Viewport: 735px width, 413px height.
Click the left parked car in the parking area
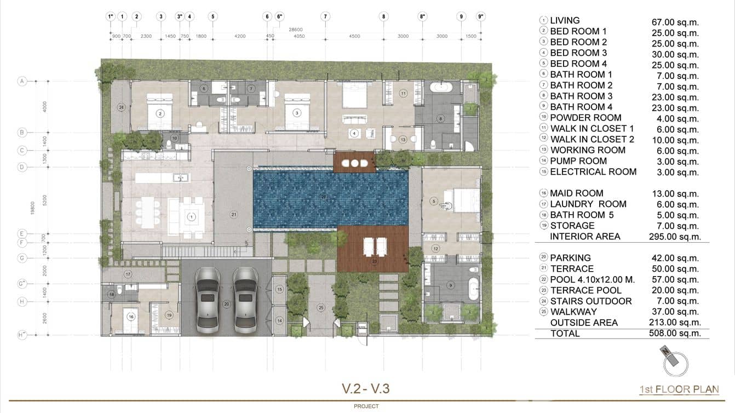tap(208, 300)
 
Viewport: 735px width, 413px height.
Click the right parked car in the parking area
tap(245, 300)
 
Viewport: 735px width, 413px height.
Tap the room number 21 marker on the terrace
tap(234, 214)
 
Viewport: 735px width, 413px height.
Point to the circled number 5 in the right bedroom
tap(434, 202)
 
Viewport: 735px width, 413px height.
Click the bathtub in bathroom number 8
tap(440, 87)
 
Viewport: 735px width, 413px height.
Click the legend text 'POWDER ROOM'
tap(585, 118)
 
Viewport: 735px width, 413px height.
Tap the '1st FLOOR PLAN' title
tap(679, 389)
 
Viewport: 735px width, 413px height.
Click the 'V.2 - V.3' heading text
tap(365, 389)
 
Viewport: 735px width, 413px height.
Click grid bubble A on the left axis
tap(22, 82)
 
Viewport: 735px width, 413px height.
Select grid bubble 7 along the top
tap(325, 16)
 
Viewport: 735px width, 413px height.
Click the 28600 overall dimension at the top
tap(296, 28)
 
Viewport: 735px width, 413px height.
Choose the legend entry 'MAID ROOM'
tap(576, 193)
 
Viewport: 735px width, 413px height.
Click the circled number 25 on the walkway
tap(321, 307)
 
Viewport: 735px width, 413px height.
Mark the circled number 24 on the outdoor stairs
tap(121, 107)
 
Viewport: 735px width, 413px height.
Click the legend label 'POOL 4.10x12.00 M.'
tap(592, 279)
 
